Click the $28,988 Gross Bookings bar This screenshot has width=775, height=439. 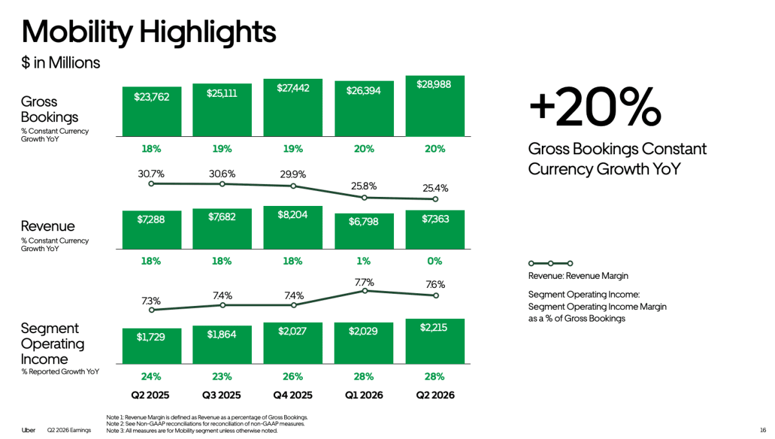click(435, 106)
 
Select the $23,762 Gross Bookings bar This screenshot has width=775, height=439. click(152, 112)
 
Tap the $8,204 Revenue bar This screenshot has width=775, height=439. click(293, 227)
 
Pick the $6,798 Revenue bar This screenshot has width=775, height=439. click(364, 231)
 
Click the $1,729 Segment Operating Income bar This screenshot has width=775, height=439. click(152, 346)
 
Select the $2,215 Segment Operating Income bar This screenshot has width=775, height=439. click(435, 341)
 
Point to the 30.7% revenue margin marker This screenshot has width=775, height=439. click(151, 184)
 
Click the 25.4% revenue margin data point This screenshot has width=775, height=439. click(435, 199)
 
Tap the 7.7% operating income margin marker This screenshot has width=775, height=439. click(365, 291)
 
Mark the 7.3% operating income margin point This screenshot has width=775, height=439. click(152, 310)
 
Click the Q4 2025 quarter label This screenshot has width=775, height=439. click(293, 395)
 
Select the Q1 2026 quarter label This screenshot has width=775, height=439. click(364, 395)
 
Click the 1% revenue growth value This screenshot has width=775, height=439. click(364, 261)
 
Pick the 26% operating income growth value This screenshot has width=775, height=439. click(293, 376)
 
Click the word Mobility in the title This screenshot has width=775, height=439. click(77, 32)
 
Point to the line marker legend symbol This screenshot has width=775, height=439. click(550, 263)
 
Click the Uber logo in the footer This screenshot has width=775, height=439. click(28, 430)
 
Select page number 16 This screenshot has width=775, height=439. click(763, 430)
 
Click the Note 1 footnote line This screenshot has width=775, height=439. click(207, 417)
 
